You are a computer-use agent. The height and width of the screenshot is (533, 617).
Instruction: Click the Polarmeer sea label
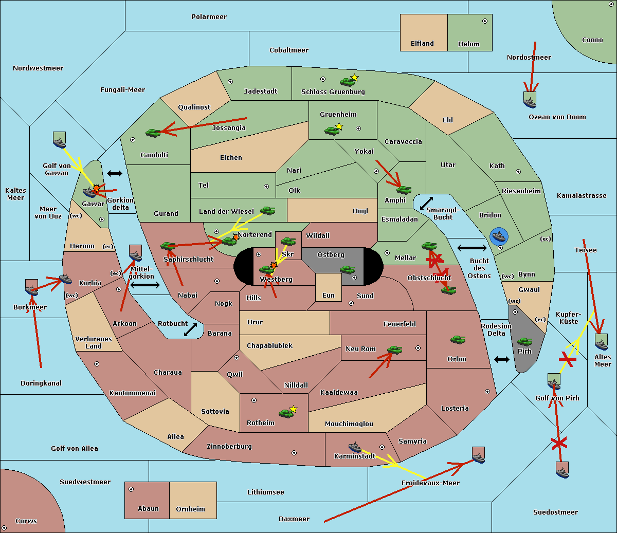(209, 17)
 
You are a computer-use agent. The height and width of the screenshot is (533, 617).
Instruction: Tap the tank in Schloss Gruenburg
(347, 82)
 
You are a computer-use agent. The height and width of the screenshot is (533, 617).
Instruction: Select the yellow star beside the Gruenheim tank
(339, 126)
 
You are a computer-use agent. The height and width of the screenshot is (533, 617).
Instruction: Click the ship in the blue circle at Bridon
(499, 236)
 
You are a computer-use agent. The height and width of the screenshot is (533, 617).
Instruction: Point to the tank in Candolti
(153, 133)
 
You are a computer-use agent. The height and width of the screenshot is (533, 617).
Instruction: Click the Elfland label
(422, 44)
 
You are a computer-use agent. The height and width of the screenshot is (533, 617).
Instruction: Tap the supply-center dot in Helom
(485, 21)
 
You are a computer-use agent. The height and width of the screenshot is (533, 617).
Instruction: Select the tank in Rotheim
(286, 413)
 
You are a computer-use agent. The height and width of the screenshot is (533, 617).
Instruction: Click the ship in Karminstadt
(355, 447)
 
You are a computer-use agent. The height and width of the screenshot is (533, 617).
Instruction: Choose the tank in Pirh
(524, 341)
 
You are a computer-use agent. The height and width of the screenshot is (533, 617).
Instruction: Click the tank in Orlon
(458, 340)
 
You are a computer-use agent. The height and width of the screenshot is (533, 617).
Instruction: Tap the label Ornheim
(190, 509)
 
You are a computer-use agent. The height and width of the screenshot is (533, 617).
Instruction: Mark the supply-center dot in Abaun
(131, 489)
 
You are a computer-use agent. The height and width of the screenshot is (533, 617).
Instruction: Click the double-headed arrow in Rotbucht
(190, 330)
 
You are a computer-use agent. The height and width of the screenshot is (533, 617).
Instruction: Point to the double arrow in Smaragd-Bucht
(426, 203)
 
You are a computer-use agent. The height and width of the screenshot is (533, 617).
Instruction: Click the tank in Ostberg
(347, 270)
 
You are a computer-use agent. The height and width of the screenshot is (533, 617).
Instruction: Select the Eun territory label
(329, 296)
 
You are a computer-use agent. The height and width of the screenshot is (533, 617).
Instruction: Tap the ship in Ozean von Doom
(530, 100)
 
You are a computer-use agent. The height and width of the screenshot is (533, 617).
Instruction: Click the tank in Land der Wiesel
(267, 211)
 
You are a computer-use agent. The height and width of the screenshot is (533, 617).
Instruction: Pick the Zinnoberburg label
(229, 447)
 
